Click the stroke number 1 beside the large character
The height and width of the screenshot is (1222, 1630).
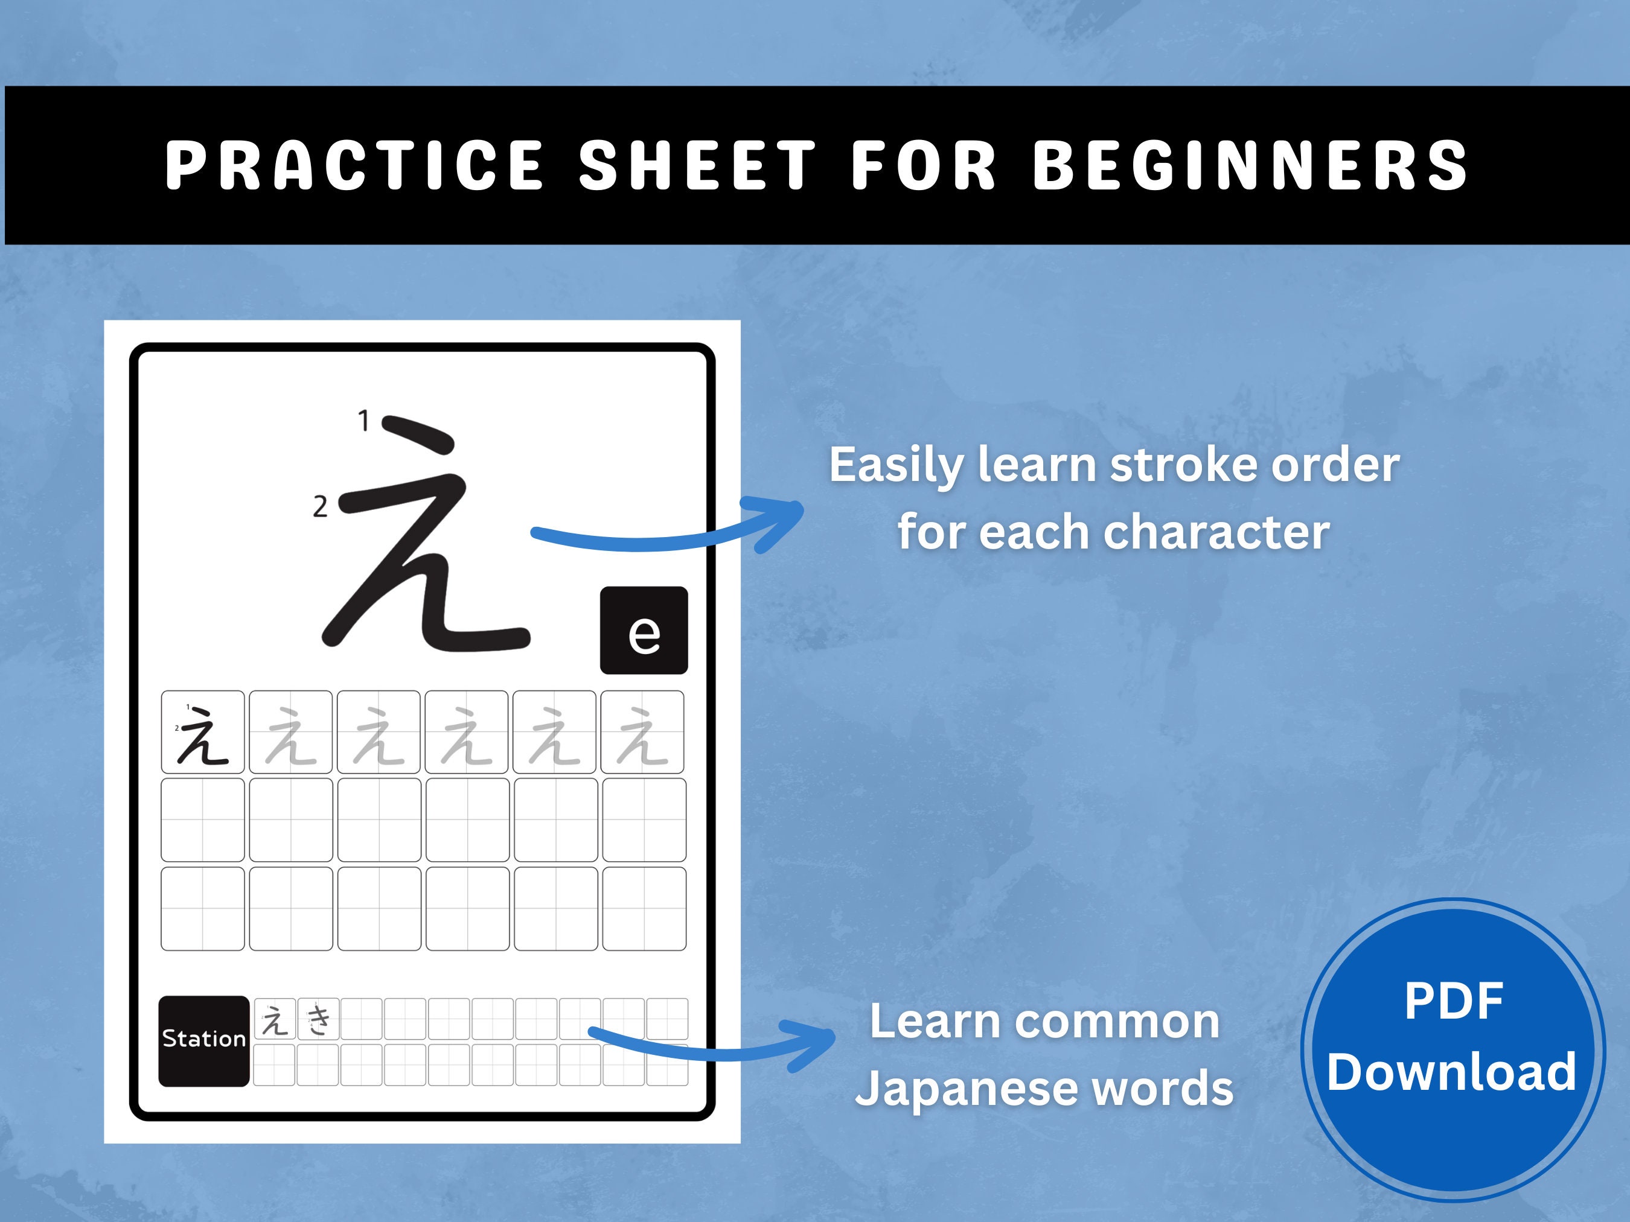[363, 421]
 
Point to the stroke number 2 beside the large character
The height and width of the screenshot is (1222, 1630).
[320, 507]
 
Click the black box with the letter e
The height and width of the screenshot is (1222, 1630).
[644, 631]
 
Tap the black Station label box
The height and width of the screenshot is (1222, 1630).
[203, 1040]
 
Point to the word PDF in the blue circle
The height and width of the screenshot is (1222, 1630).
[1453, 1002]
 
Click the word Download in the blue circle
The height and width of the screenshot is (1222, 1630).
[1452, 1072]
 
